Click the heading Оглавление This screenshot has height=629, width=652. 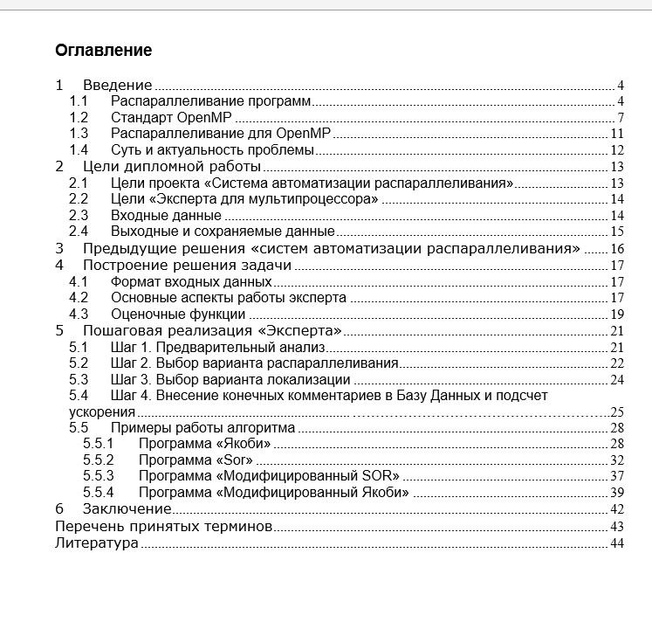click(x=103, y=50)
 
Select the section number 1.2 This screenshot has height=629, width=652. click(x=79, y=117)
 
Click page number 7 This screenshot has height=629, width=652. click(x=619, y=118)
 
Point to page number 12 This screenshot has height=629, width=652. click(x=616, y=150)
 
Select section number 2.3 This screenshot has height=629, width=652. click(x=79, y=215)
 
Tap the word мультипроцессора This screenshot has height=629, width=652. click(x=308, y=199)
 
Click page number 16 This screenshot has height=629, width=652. click(x=616, y=249)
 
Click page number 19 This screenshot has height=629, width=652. click(x=616, y=314)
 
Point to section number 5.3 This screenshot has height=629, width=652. click(x=79, y=379)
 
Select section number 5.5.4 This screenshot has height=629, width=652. click(x=99, y=492)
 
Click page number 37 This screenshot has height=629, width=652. click(x=616, y=476)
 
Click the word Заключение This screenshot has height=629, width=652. click(x=127, y=508)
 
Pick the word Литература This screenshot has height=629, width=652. click(x=96, y=543)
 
